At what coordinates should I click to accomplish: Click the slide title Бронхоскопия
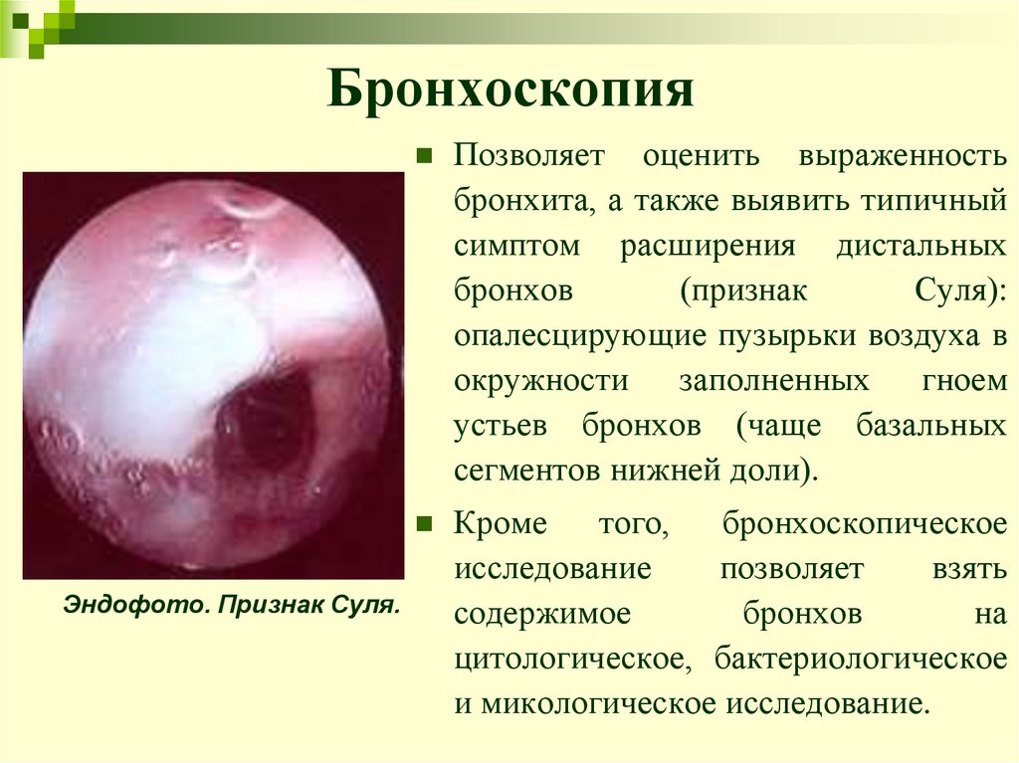pyautogui.click(x=511, y=93)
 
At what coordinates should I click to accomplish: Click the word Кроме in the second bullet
pyautogui.click(x=504, y=523)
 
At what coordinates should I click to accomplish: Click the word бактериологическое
pyautogui.click(x=856, y=659)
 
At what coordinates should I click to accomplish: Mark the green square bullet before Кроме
pyautogui.click(x=424, y=522)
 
